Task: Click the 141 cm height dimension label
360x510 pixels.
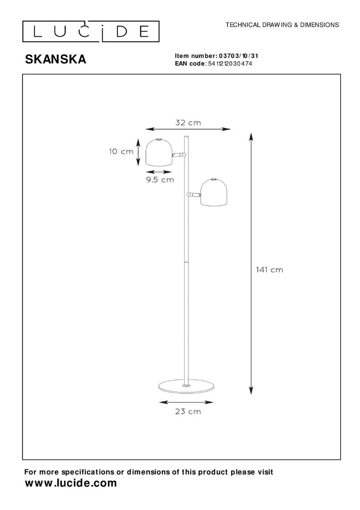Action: (269, 270)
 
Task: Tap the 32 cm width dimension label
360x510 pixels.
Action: (188, 123)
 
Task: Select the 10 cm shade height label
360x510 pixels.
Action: (121, 152)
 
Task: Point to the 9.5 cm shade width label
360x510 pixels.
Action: (160, 180)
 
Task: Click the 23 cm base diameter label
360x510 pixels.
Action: (188, 412)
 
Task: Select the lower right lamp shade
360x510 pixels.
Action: (214, 193)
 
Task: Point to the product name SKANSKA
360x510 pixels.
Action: (56, 59)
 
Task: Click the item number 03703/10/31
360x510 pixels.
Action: (238, 56)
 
